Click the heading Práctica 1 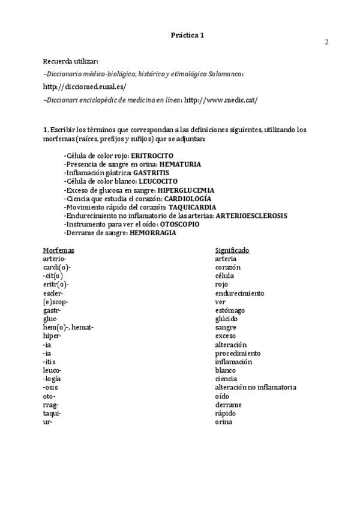pyautogui.click(x=188, y=35)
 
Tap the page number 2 pyautogui.click(x=326, y=42)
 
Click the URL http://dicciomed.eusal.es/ pyautogui.click(x=76, y=86)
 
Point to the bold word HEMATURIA pyautogui.click(x=180, y=164)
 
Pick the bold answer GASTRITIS pyautogui.click(x=151, y=172)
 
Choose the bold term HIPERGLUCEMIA pyautogui.click(x=186, y=190)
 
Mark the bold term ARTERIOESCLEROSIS pyautogui.click(x=251, y=215)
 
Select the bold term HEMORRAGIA pyautogui.click(x=153, y=232)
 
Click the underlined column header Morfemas pyautogui.click(x=59, y=250)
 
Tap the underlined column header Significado pyautogui.click(x=232, y=250)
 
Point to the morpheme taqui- pyautogui.click(x=52, y=413)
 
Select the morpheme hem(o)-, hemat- pyautogui.click(x=68, y=327)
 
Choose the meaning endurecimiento pyautogui.click(x=239, y=293)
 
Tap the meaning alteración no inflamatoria pyautogui.click(x=256, y=387)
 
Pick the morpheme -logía pyautogui.click(x=52, y=379)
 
